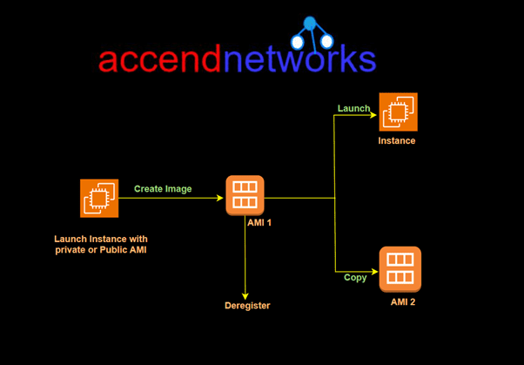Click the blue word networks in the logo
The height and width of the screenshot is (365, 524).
click(299, 59)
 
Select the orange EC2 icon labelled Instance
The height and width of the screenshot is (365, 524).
click(398, 112)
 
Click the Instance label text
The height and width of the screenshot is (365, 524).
click(397, 140)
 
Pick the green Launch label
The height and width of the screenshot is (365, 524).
click(353, 108)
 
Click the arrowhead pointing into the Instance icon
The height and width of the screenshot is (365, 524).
click(374, 113)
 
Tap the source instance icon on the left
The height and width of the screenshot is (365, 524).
click(99, 198)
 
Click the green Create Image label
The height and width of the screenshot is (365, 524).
click(163, 188)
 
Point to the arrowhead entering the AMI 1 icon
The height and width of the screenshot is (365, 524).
click(221, 198)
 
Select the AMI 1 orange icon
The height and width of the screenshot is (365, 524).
click(245, 195)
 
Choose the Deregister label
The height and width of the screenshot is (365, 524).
click(247, 306)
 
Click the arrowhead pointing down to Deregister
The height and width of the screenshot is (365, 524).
click(246, 295)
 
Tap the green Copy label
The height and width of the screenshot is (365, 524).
click(354, 278)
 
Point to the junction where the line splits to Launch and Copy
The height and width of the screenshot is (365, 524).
click(335, 198)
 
